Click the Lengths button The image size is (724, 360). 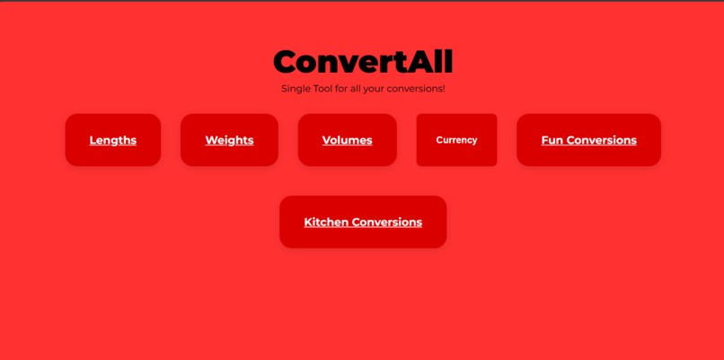click(x=113, y=140)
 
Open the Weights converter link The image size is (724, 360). click(x=229, y=140)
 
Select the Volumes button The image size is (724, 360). click(x=347, y=140)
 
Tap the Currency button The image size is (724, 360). click(x=456, y=140)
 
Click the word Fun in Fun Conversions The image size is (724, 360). click(x=552, y=140)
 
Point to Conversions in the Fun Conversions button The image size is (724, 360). click(x=601, y=140)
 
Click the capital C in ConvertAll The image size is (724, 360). click(x=287, y=62)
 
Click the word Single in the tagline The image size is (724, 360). click(x=296, y=89)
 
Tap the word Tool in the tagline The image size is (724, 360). click(x=322, y=89)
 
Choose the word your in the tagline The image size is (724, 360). click(x=375, y=89)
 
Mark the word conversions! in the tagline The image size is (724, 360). click(x=417, y=89)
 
